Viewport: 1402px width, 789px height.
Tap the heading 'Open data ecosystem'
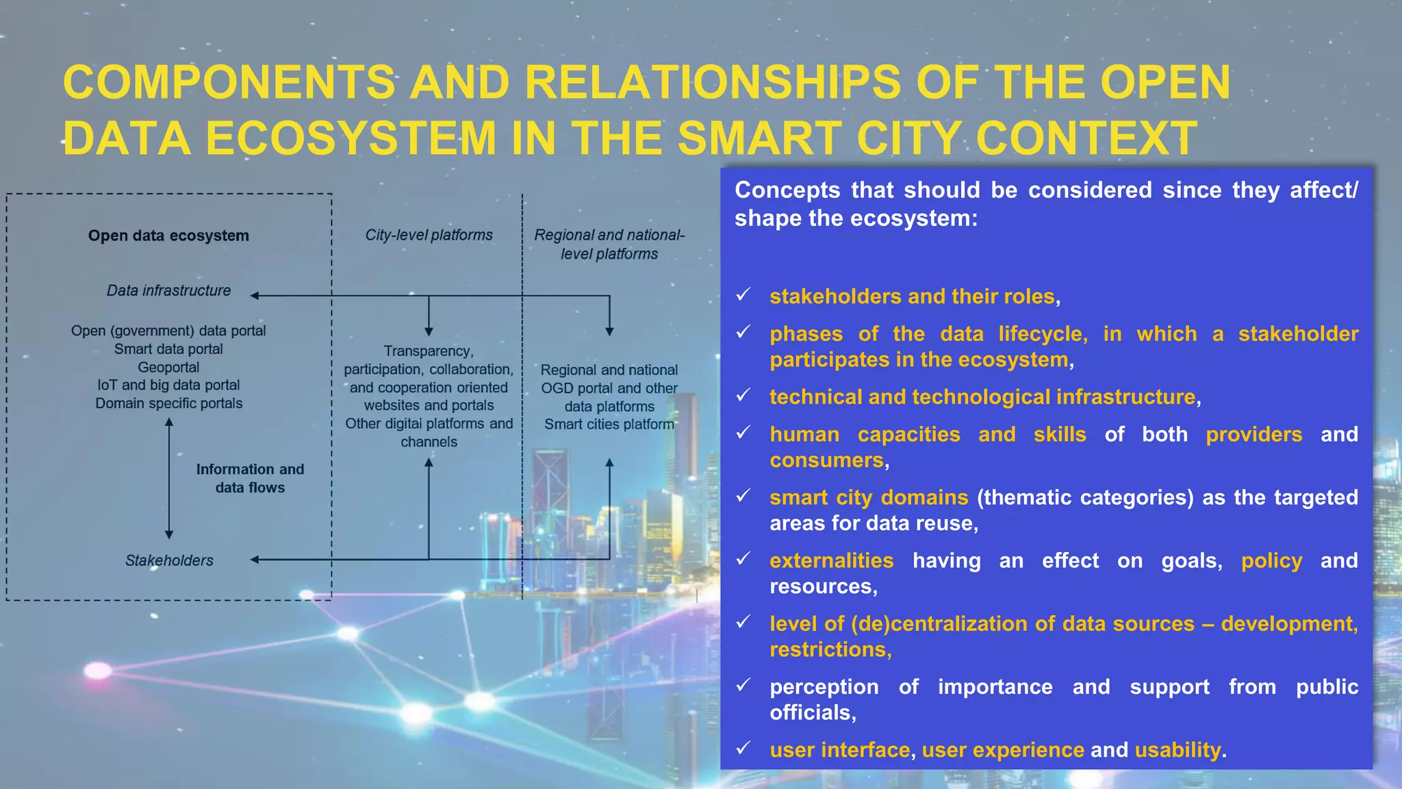168,236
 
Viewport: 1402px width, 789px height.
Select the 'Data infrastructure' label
168,290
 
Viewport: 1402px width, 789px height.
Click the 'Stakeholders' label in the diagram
169,560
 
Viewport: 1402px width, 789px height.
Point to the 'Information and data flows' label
250,478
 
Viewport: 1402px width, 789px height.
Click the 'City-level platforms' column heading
429,235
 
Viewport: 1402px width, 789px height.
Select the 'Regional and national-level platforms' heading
609,244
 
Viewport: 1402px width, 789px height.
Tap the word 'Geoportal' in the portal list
168,367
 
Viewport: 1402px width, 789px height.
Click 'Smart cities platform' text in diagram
609,424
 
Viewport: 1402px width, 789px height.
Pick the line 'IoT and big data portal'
168,385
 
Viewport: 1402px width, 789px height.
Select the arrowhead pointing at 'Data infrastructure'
255,296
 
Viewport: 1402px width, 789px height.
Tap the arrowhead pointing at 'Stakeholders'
255,560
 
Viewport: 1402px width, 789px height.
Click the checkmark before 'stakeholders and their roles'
743,295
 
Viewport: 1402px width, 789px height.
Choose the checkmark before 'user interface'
743,748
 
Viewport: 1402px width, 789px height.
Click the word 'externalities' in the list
831,560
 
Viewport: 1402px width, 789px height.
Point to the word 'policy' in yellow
1271,560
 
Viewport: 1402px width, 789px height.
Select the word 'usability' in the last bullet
1177,750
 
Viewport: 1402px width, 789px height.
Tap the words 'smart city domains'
868,497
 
